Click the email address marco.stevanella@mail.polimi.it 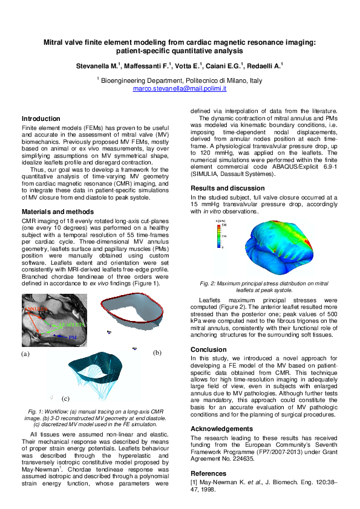tap(180, 88)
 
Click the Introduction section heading tap(41, 119)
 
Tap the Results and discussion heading tap(228, 189)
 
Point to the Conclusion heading tap(209, 349)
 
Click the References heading tap(209, 473)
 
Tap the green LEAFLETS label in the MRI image tap(73, 325)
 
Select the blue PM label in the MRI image tap(73, 337)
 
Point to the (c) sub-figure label tap(65, 398)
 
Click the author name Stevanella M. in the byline tap(99, 65)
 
